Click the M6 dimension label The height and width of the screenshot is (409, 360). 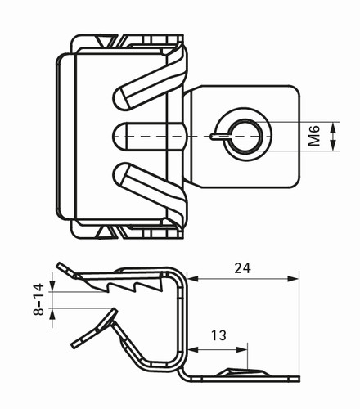click(x=314, y=136)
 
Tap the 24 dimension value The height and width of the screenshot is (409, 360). click(x=242, y=268)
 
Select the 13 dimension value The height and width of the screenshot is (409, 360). click(x=218, y=335)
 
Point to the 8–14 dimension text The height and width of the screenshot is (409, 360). click(x=38, y=299)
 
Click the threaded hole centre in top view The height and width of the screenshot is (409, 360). click(x=244, y=136)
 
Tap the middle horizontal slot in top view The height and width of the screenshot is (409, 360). click(x=150, y=137)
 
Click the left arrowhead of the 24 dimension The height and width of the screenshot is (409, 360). click(x=193, y=279)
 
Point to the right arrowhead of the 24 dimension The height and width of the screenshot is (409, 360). click(x=294, y=279)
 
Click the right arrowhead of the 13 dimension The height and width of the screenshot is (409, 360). click(x=241, y=349)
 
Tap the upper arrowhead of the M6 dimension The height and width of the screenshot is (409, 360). click(x=333, y=128)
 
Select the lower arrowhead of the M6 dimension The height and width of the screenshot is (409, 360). click(x=333, y=145)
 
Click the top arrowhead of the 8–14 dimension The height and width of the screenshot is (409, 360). click(x=52, y=286)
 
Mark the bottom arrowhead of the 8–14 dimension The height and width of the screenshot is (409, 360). click(x=52, y=314)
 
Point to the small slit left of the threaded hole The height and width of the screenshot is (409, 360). click(x=220, y=136)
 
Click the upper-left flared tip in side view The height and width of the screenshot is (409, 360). click(x=59, y=264)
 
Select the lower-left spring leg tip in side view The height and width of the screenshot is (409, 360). click(x=73, y=345)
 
